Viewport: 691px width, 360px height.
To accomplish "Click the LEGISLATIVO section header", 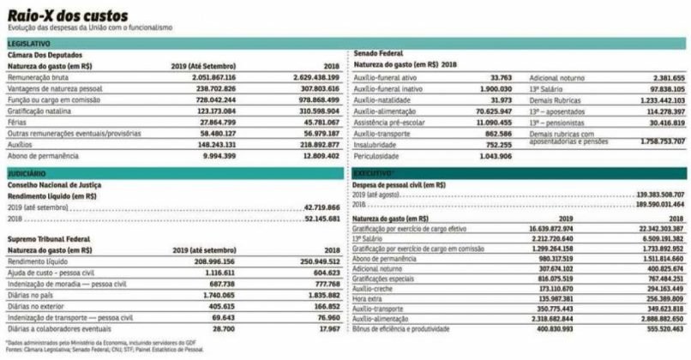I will coord(30,43).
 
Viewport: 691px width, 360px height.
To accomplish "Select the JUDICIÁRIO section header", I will coord(27,173).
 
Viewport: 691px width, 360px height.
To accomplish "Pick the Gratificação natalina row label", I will coord(39,111).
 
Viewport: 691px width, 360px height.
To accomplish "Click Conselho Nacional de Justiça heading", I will coord(55,184).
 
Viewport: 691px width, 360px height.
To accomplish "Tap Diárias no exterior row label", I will coord(39,304).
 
